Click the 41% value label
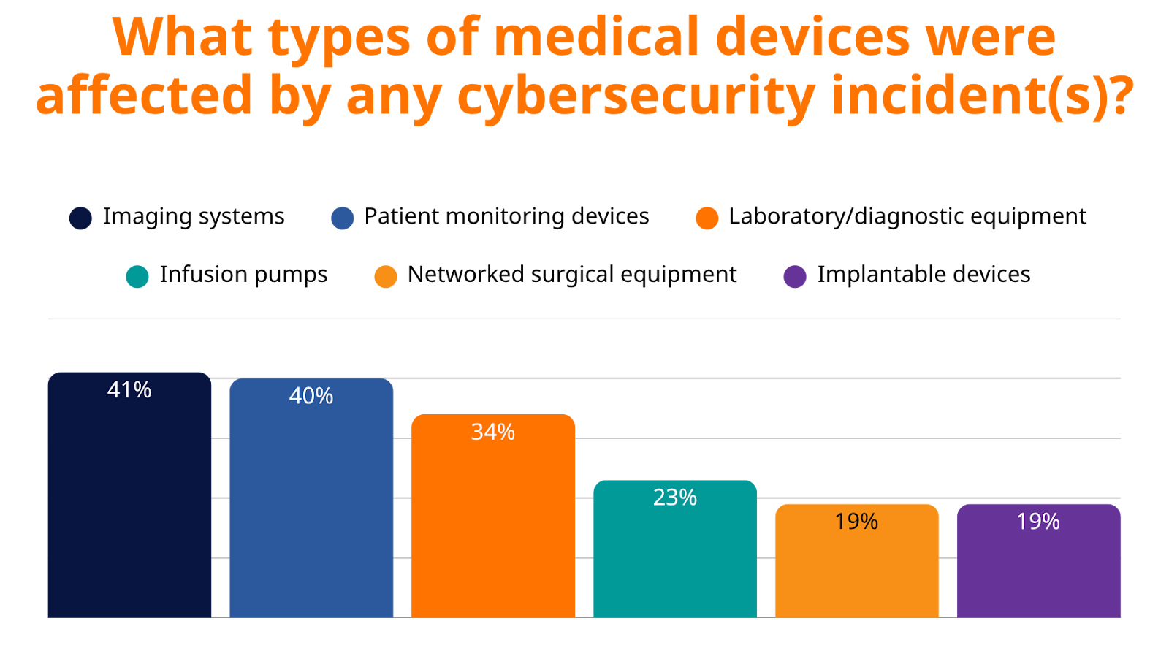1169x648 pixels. [x=129, y=390]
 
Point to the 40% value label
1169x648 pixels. [x=311, y=396]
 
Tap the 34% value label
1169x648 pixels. [x=493, y=432]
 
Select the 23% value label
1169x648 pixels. [x=674, y=498]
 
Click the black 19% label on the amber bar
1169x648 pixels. [x=856, y=522]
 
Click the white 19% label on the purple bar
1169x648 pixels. [x=1038, y=522]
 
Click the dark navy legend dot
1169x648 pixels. [x=80, y=218]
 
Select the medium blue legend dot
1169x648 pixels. [x=342, y=218]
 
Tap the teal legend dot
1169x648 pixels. [x=137, y=277]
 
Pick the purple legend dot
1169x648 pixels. [x=794, y=277]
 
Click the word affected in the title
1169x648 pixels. [x=144, y=96]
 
